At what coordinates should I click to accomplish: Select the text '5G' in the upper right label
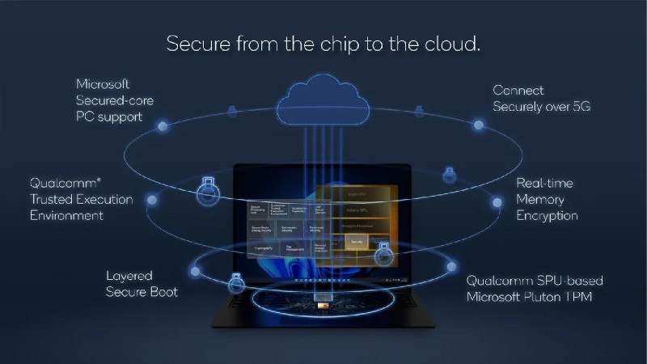(580, 107)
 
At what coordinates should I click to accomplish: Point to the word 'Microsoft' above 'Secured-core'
(103, 84)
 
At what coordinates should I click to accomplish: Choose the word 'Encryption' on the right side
(547, 216)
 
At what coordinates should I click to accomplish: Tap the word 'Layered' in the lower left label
(129, 275)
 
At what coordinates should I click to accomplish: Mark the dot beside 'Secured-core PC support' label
(163, 125)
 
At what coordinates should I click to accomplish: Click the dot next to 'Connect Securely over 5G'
(479, 125)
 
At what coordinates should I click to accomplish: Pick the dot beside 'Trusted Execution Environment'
(151, 199)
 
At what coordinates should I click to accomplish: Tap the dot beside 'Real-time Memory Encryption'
(497, 199)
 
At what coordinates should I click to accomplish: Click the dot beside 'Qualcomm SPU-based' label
(450, 266)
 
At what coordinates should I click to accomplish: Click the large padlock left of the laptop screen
(208, 189)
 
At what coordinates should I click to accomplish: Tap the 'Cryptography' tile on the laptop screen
(257, 248)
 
